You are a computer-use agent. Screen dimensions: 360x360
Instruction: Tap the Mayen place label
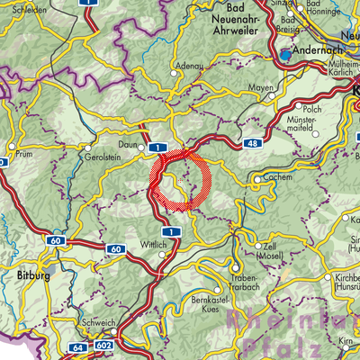(x=259, y=88)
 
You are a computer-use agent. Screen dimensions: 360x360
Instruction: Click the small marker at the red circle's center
(x=181, y=181)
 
